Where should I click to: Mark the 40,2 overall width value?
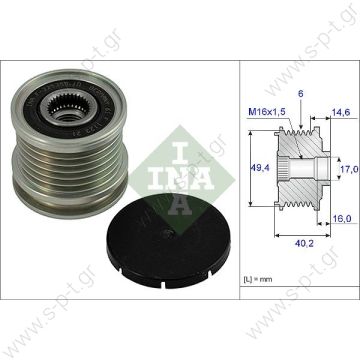point(299,268)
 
